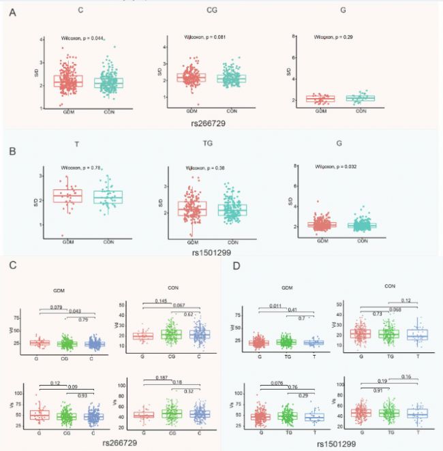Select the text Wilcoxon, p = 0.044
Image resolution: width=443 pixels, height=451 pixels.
pos(81,39)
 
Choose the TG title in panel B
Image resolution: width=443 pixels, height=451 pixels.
pos(212,144)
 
